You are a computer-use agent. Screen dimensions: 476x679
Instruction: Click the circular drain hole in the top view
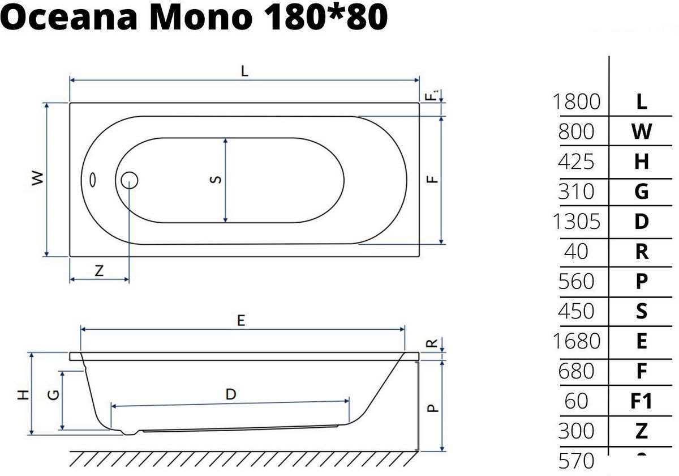130,180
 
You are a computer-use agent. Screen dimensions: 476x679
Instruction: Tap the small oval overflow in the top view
93,180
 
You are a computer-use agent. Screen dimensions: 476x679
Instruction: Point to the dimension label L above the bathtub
244,71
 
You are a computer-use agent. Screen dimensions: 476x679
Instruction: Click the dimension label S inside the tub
215,180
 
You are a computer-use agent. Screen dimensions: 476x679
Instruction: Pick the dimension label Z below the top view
99,271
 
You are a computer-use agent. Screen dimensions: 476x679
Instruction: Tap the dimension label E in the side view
241,320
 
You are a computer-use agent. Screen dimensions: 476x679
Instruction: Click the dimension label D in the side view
230,394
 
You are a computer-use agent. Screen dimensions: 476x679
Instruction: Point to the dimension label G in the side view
54,395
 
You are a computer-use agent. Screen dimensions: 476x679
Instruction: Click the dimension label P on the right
432,407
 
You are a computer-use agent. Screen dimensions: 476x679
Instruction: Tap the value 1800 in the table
576,102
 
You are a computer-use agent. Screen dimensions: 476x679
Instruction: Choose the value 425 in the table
576,162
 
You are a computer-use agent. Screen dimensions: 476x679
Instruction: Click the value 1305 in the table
576,222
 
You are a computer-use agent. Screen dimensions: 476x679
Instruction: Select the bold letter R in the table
641,252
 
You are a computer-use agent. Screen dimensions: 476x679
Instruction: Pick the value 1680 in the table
576,341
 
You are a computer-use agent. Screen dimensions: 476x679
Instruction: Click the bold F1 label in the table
641,401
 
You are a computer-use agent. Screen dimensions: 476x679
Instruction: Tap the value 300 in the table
576,431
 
